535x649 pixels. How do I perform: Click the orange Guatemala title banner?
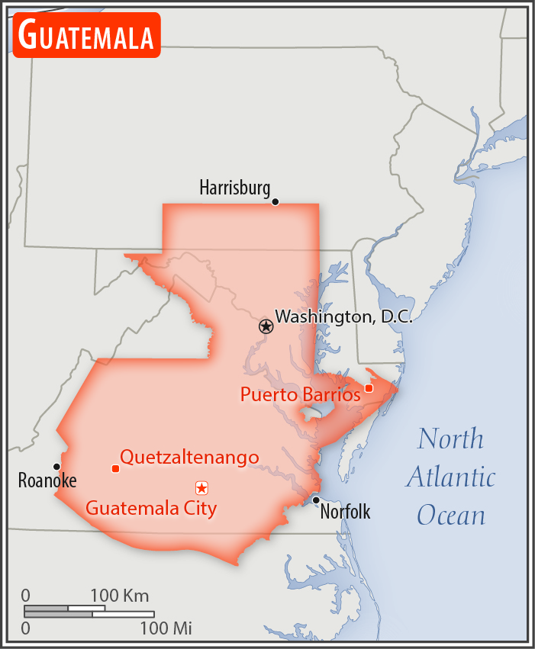(86, 35)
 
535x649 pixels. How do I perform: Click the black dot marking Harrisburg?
(276, 202)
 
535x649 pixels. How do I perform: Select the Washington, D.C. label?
(343, 316)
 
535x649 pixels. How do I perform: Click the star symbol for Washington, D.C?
(266, 326)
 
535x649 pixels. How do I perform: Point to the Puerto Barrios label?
(300, 395)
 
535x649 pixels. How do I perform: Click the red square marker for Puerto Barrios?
(369, 388)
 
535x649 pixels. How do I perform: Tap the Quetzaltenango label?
(189, 458)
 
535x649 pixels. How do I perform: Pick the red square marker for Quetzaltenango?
(115, 468)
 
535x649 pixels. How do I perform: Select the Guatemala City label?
(151, 508)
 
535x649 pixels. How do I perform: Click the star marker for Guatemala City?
(201, 487)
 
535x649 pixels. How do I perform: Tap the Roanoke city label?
(47, 481)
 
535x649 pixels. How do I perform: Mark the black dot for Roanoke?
(56, 467)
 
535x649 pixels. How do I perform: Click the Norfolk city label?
(345, 512)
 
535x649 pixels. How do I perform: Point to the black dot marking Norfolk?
(316, 500)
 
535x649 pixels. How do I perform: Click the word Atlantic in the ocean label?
(450, 477)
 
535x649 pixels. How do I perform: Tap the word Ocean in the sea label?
(451, 515)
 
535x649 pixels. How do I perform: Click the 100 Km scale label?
(120, 596)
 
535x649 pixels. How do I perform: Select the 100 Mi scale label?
(166, 629)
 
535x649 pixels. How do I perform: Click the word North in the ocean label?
(450, 439)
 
